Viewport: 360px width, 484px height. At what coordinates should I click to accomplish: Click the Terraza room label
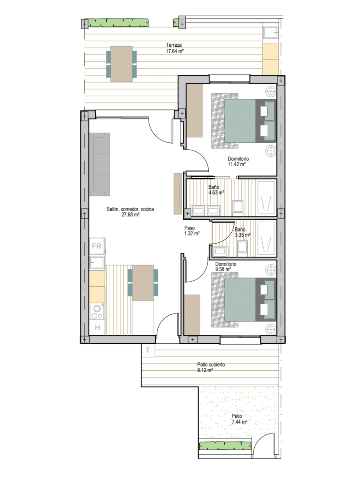[x=174, y=45]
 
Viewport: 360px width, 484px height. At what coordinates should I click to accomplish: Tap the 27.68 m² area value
[x=130, y=215]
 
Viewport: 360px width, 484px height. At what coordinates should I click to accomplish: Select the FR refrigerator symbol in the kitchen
[x=97, y=246]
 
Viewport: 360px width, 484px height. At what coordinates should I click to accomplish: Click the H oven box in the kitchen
[x=97, y=328]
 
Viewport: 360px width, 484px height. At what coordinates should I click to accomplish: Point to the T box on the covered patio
[x=148, y=350]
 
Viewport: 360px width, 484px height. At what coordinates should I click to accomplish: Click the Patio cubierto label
[x=211, y=365]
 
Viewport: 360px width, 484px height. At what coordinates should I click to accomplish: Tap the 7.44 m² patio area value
[x=239, y=422]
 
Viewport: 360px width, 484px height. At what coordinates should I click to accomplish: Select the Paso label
[x=189, y=228]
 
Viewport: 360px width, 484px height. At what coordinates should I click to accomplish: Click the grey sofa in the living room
[x=100, y=164]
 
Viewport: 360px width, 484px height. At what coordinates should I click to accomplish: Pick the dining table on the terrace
[x=121, y=64]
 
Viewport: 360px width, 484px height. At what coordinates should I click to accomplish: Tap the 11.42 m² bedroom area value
[x=237, y=164]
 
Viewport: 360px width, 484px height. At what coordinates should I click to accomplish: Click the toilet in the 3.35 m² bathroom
[x=243, y=248]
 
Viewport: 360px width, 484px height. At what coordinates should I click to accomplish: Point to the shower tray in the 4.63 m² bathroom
[x=266, y=198]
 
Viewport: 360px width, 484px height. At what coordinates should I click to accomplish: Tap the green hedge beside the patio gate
[x=225, y=446]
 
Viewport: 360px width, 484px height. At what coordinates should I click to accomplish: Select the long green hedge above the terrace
[x=118, y=23]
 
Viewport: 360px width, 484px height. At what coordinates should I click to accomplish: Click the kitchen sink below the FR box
[x=97, y=262]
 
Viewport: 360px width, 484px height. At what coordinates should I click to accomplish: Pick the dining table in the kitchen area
[x=143, y=282]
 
